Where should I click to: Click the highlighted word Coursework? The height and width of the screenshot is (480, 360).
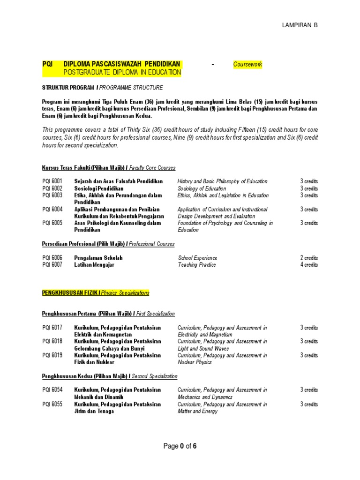coord(247,64)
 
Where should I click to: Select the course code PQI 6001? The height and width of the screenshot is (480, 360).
coord(52,181)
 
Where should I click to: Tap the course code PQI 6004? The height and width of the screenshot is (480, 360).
coord(52,210)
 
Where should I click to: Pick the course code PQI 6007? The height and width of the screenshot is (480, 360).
coord(52,265)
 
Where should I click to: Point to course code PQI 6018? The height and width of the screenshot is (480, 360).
coord(52,342)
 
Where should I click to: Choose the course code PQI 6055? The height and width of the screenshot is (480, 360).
coord(52,404)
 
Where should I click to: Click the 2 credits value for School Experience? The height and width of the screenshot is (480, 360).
coord(309,258)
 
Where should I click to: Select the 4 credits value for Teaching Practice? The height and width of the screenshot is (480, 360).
coord(309,265)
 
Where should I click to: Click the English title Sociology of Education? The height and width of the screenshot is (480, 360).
coord(202,188)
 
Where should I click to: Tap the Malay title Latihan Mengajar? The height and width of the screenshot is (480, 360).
coord(94,265)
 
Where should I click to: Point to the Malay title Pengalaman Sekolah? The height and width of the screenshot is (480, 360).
coord(98,258)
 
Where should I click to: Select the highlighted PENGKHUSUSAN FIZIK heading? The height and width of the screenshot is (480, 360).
coord(70,293)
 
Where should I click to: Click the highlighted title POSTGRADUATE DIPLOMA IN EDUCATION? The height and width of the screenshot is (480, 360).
coord(122,72)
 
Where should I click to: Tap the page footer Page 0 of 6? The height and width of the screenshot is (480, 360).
coord(180,446)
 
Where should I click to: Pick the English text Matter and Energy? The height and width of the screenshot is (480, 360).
coord(197,411)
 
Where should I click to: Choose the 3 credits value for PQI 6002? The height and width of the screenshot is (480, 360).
coord(309,188)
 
